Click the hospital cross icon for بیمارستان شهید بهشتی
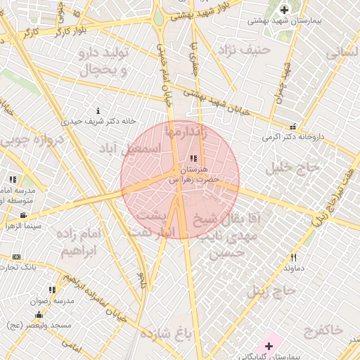pos(284,9)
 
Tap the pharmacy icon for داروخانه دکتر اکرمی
pos(293,127)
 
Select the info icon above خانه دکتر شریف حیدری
pos(98,110)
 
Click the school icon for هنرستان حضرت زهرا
pos(193,157)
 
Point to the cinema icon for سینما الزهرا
pos(23,215)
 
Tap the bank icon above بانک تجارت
pos(17,257)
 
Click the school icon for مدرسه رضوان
pos(52,290)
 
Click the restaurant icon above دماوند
pos(294,257)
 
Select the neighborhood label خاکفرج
pos(323,329)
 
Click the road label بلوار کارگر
pos(69,32)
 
